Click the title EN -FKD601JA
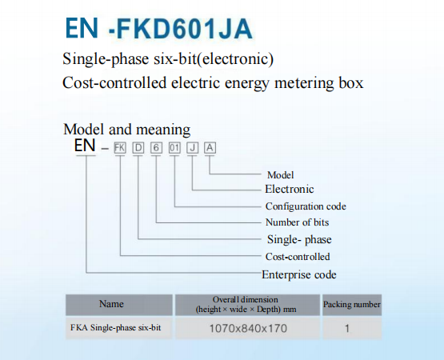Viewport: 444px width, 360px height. (x=158, y=28)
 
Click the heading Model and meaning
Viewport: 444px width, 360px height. (x=127, y=130)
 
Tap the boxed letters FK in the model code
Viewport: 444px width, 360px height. (x=120, y=148)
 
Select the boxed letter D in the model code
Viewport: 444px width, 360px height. (x=138, y=148)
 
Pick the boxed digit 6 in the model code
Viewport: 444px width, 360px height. (x=156, y=148)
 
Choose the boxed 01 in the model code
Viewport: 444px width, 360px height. (x=174, y=148)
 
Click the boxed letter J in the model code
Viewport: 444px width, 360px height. (x=192, y=148)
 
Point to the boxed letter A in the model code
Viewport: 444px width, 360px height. (x=210, y=148)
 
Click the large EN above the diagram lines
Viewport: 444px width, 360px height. (x=84, y=146)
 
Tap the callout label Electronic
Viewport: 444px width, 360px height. (x=290, y=190)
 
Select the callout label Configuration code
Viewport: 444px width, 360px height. (x=306, y=206)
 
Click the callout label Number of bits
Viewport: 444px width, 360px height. (x=297, y=222)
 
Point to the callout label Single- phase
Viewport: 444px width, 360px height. (x=299, y=240)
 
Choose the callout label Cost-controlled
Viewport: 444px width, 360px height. (x=298, y=257)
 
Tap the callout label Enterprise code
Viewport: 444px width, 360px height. (x=299, y=274)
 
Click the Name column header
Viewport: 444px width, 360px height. (x=111, y=304)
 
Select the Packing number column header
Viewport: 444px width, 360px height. (x=352, y=305)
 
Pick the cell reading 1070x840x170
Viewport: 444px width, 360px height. (x=248, y=328)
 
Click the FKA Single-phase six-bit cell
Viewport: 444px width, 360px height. (x=115, y=328)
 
